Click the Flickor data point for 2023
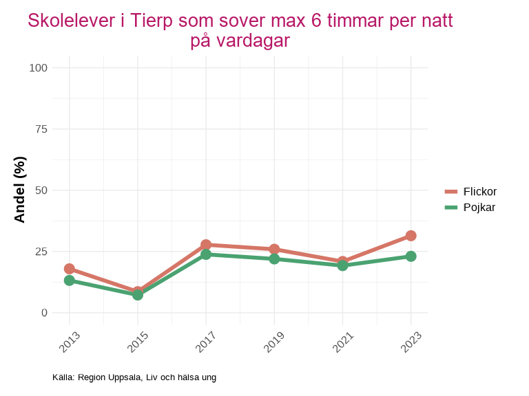tap(411, 236)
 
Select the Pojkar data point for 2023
tap(411, 256)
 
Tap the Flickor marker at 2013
tap(70, 269)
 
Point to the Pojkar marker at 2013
tap(70, 280)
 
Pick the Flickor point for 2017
tap(206, 245)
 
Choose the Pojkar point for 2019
tap(274, 258)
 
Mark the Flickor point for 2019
tap(274, 249)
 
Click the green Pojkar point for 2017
tap(206, 254)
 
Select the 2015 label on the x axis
tap(138, 341)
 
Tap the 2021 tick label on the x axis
tap(342, 341)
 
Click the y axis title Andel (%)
tap(20, 190)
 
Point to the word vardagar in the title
tap(252, 41)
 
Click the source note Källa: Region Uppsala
tap(134, 377)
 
